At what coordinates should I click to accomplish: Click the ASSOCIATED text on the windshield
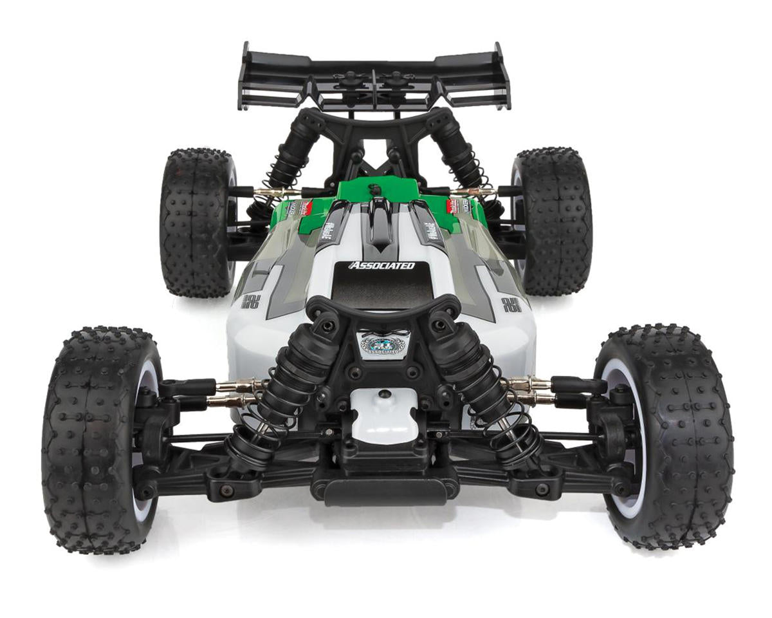[381, 265]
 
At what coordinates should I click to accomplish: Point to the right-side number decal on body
[512, 304]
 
